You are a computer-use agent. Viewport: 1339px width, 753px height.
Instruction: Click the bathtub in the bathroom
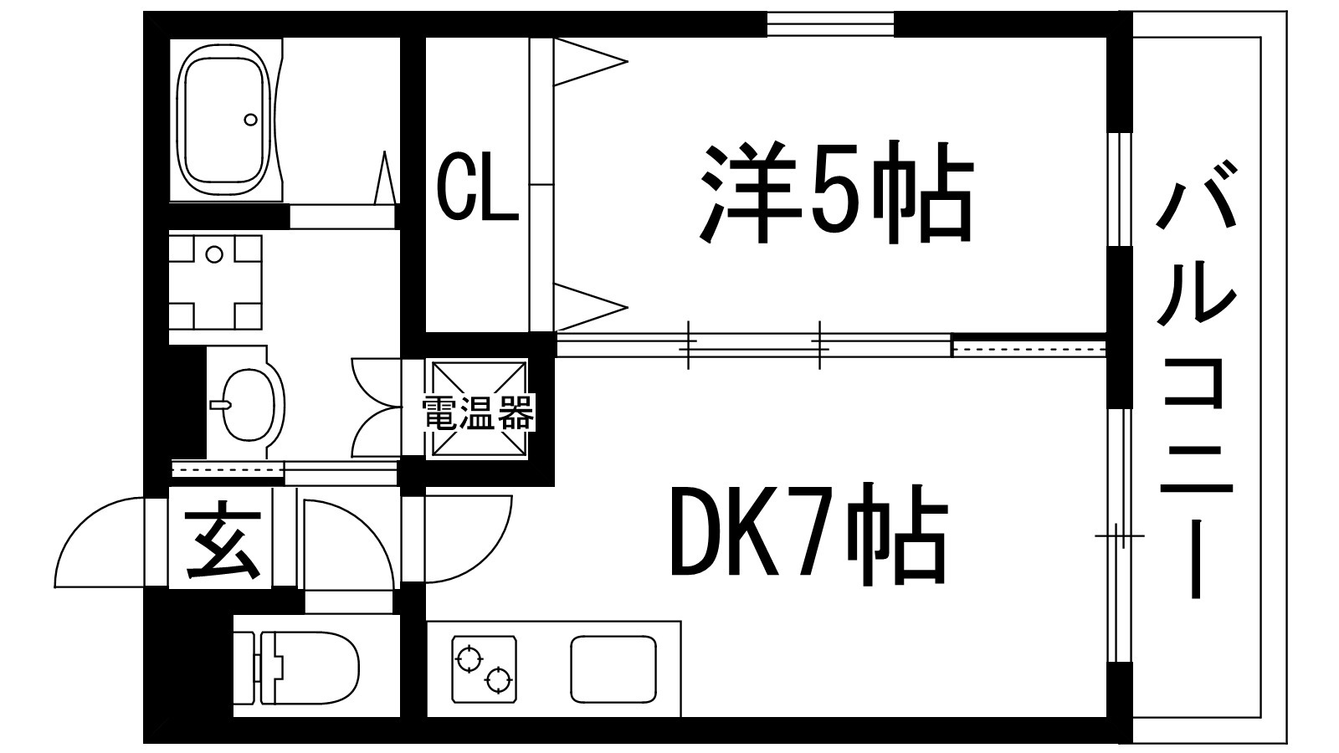(x=226, y=119)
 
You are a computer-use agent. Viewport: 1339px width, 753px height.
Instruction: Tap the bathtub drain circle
(x=250, y=119)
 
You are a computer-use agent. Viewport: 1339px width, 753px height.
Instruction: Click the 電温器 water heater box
(x=480, y=411)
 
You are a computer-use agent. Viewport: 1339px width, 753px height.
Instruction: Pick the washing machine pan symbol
(x=216, y=283)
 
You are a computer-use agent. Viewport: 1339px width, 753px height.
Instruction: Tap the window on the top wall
(x=830, y=25)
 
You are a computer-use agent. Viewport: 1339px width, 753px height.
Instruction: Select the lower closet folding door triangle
(x=586, y=306)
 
